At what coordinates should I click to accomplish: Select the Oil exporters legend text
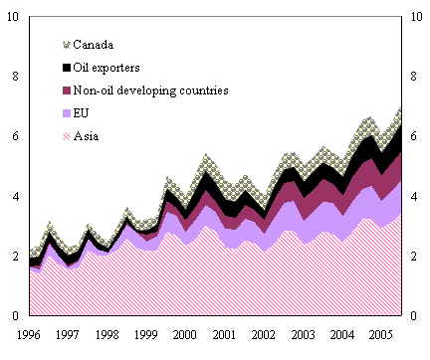tap(115, 68)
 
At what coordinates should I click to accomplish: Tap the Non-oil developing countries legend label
tap(152, 90)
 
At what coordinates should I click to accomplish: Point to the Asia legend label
tap(89, 136)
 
